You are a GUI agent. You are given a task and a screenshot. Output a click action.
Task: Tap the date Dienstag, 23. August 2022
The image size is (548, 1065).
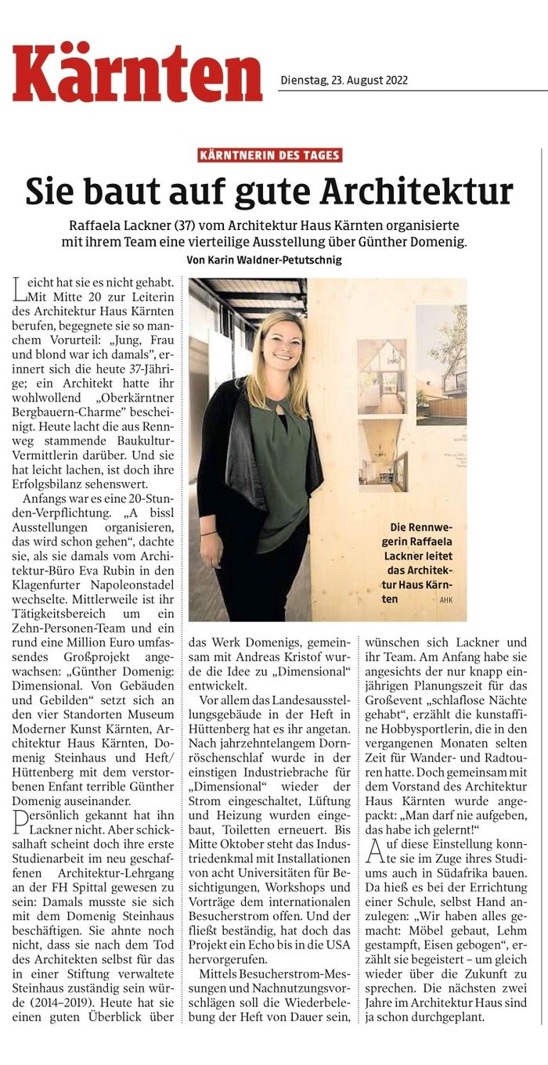click(344, 80)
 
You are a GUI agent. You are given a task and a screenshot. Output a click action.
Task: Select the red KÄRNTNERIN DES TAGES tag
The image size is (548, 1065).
click(270, 155)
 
